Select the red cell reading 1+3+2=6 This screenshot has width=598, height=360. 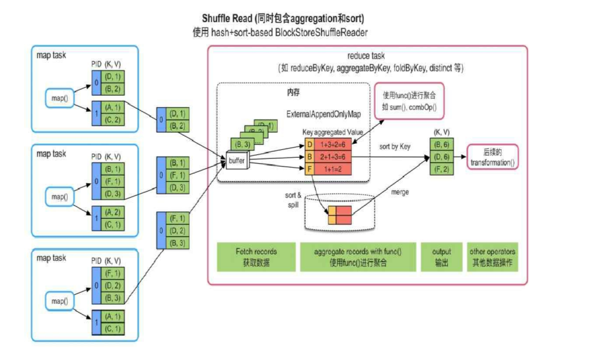point(332,145)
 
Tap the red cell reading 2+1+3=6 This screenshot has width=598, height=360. point(332,156)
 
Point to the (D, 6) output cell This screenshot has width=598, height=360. point(442,157)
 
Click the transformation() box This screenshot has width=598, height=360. point(492,157)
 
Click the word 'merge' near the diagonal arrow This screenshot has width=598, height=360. point(400,192)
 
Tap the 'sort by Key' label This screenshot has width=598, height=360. point(395,147)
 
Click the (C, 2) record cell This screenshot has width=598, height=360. point(114,119)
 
